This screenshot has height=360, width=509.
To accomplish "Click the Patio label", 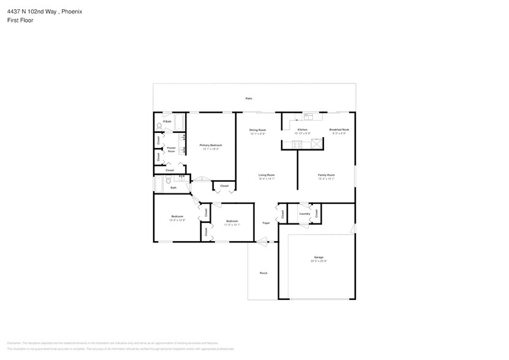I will coord(249,98).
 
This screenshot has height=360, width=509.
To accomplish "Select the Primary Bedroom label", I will coord(211,145).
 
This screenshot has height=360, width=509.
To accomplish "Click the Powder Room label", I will coord(172,149).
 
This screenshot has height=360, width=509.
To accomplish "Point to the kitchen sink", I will coord(308,116).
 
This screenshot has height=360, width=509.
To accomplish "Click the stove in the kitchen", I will coord(296,144).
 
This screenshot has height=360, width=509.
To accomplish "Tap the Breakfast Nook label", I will coord(339,130).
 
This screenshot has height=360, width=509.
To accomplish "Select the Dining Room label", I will coord(257,130).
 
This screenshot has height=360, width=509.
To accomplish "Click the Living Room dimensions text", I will coord(266,179).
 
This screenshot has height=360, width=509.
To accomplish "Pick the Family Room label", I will coord(326,174).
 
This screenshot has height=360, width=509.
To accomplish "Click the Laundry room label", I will coord(304,214).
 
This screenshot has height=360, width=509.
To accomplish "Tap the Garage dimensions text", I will coord(319,261).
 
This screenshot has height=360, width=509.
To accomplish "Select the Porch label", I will coord(263,273).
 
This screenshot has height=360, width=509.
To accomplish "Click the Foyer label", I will coord(266,223).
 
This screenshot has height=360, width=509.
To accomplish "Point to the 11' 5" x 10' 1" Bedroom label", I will coord(232,221).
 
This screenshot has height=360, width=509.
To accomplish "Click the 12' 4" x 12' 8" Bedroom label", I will coord(177,217).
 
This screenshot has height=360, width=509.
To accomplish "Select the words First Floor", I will coord(20,20).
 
